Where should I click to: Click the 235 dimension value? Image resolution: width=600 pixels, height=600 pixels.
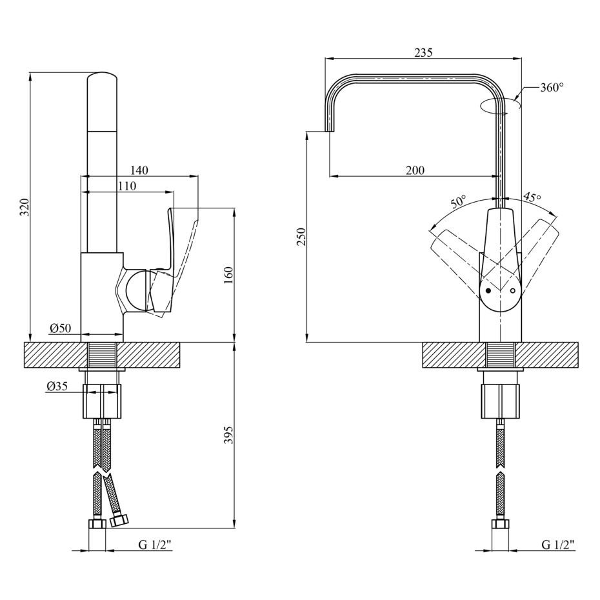click(424, 52)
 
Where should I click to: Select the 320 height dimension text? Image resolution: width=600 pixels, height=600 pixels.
click(25, 207)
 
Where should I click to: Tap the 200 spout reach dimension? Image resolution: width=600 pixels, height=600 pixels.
click(415, 170)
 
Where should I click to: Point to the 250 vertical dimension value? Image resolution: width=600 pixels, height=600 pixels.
click(301, 237)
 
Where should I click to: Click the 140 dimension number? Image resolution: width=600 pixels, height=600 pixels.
click(139, 170)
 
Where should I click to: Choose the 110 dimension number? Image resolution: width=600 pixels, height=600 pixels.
click(126, 186)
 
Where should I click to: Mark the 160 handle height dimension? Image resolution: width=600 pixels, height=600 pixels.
click(228, 275)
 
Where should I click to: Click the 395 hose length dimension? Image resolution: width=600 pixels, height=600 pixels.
click(228, 435)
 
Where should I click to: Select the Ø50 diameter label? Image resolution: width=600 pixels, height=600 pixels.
click(61, 328)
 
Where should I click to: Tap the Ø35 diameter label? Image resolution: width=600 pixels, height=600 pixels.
click(57, 386)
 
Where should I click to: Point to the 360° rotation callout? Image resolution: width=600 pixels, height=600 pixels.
click(552, 88)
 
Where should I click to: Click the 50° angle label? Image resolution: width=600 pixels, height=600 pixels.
click(459, 201)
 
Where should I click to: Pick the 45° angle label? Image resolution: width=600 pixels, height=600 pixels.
click(532, 197)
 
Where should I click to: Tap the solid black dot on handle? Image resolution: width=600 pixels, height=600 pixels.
click(488, 291)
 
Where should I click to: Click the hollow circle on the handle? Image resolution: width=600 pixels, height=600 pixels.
click(513, 291)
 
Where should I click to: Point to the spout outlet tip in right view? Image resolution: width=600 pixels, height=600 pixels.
click(330, 131)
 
